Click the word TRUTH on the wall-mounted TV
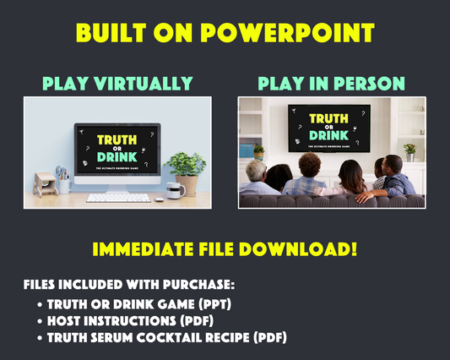pyautogui.click(x=329, y=122)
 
